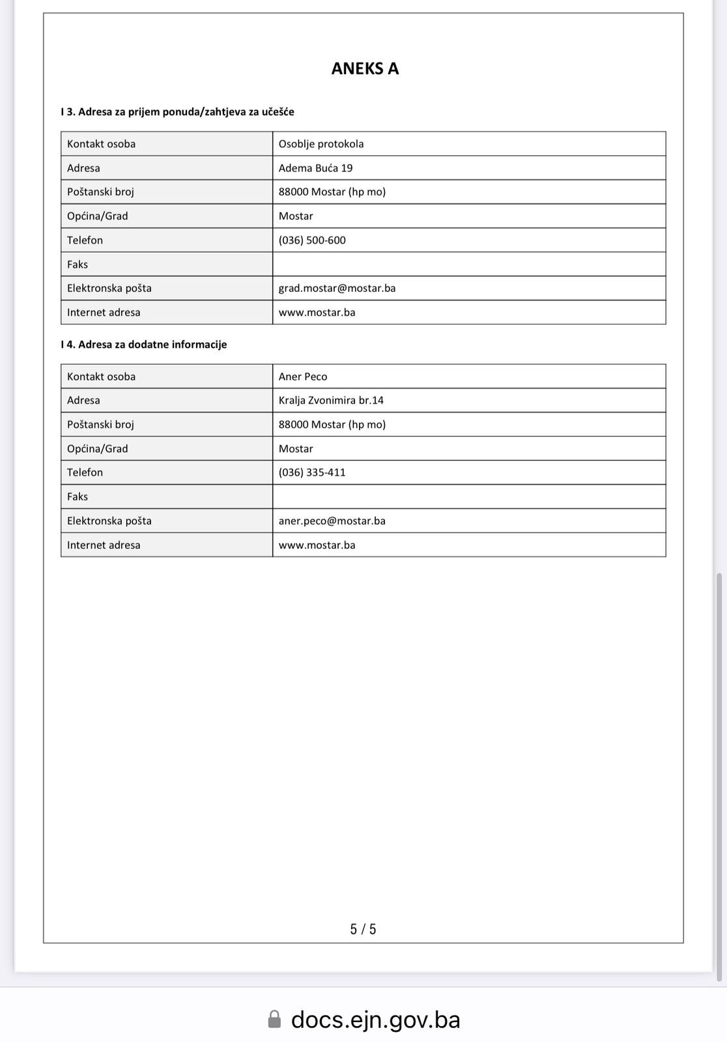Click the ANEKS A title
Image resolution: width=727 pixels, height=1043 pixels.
click(x=365, y=68)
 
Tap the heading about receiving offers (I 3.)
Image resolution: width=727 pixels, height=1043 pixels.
click(x=177, y=111)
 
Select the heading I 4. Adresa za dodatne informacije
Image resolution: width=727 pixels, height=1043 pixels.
click(x=144, y=344)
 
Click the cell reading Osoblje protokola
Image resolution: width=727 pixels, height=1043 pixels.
click(x=321, y=143)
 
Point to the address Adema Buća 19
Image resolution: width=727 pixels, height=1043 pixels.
click(x=315, y=168)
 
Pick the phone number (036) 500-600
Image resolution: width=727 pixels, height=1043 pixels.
click(x=312, y=240)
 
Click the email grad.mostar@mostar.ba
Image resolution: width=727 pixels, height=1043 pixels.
click(x=337, y=287)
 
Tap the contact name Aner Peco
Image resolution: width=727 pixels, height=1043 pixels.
click(x=303, y=376)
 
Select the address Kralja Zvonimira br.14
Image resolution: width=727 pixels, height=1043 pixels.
click(x=331, y=400)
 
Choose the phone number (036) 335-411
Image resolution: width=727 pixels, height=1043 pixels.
click(x=312, y=472)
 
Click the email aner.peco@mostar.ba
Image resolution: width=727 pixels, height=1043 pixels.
click(x=332, y=520)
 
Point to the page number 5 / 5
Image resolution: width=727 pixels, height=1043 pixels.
click(x=363, y=929)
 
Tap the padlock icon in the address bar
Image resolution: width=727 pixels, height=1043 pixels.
click(x=275, y=1019)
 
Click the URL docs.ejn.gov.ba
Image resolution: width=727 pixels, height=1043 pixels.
click(x=375, y=1019)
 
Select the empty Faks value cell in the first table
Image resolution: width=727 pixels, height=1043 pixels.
click(x=469, y=264)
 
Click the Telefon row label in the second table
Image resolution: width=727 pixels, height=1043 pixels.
click(x=85, y=472)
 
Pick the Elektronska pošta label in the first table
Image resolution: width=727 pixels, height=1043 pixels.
click(x=109, y=287)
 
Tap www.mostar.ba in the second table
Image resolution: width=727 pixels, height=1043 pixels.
click(x=317, y=544)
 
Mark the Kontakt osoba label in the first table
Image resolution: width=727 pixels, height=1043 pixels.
click(x=101, y=143)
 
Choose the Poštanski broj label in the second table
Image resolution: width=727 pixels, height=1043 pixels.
click(x=100, y=424)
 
